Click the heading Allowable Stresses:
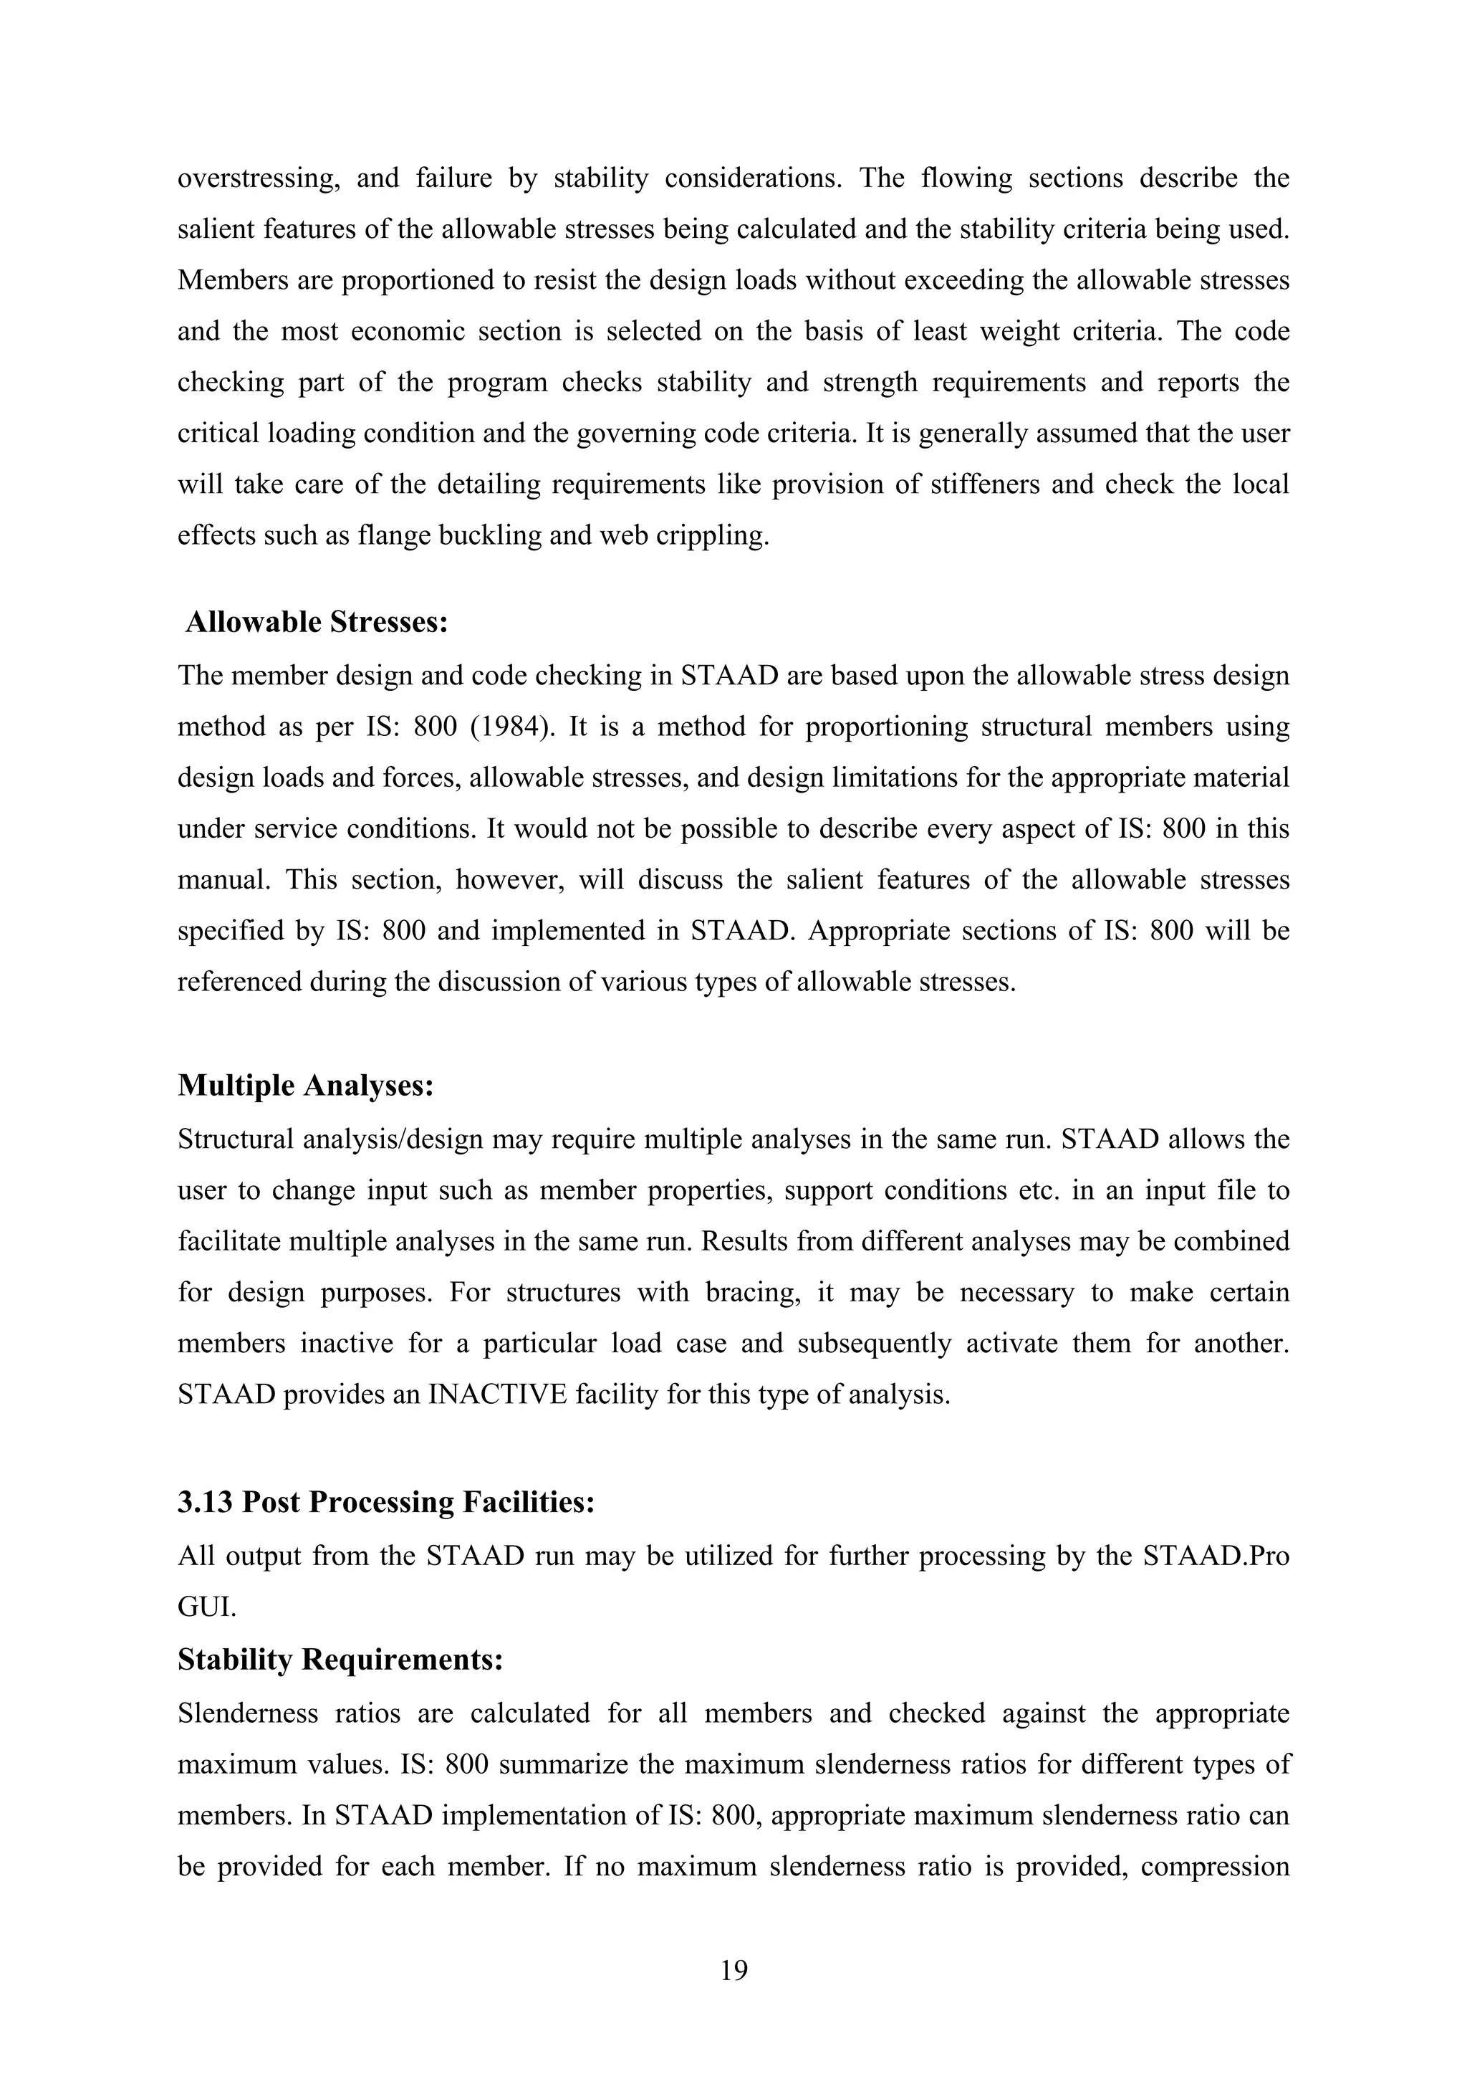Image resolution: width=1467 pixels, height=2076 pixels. coord(317,622)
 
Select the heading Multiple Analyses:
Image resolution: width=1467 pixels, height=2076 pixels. coord(306,1085)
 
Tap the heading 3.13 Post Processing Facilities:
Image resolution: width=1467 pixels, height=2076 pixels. coord(386,1502)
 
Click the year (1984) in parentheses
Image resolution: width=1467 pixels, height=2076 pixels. coord(512,727)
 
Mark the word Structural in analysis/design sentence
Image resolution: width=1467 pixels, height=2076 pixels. coord(234,1139)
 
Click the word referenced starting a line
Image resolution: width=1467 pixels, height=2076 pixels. coord(237,982)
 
